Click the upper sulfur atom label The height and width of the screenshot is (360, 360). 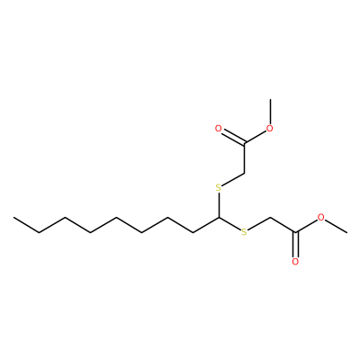[x=219, y=188]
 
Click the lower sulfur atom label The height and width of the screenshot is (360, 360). [x=245, y=232]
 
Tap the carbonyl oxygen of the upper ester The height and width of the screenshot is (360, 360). [x=219, y=129]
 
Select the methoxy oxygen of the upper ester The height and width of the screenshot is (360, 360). [x=270, y=129]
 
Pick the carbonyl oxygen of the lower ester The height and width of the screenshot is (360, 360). [x=296, y=262]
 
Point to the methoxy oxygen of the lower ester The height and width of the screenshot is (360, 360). [x=321, y=217]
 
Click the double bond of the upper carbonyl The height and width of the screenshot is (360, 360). [x=234, y=138]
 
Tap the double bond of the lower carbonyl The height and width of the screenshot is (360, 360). [x=296, y=245]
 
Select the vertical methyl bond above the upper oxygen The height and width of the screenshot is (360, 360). [x=270, y=112]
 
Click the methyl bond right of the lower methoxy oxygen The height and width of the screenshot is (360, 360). [x=337, y=226]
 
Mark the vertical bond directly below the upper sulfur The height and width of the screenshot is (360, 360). [x=219, y=205]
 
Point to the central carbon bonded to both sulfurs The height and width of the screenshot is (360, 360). [x=219, y=218]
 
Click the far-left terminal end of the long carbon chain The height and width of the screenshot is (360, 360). [x=13, y=218]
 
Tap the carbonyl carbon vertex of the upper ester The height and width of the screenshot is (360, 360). [x=245, y=143]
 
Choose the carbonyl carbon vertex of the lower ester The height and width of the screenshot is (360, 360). [x=296, y=232]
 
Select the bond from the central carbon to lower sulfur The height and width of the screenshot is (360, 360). [x=229, y=224]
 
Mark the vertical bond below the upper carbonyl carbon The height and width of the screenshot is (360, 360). [x=245, y=158]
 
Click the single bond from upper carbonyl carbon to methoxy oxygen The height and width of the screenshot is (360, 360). [x=256, y=137]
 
